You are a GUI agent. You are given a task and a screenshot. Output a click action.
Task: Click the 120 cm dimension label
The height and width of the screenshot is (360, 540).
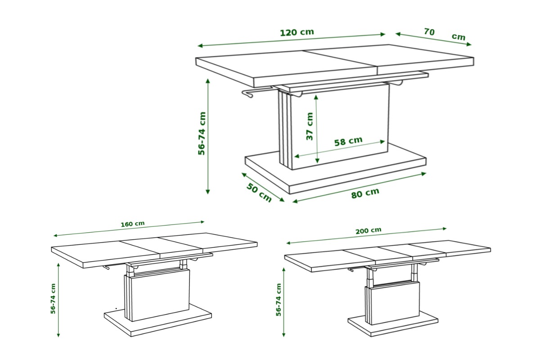pos(297,32)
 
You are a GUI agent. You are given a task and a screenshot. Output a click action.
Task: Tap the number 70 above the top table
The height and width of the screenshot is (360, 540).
pos(429,31)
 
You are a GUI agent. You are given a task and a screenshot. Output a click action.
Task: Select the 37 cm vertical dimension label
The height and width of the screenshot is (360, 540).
pos(310,126)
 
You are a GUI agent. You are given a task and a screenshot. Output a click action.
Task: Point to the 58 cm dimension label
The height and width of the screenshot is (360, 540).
pos(348,141)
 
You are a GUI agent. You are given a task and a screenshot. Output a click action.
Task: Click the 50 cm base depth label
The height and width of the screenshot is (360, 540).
pos(259,192)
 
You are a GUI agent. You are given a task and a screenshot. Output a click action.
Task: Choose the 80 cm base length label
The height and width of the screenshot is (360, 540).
pos(365,193)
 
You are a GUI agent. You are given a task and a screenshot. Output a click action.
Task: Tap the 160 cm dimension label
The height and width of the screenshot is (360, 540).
pos(133,224)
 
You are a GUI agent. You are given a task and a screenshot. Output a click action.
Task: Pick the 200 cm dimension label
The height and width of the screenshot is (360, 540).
pos(369,231)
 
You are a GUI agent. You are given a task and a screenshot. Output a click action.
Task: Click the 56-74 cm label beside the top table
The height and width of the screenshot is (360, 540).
pos(202,133)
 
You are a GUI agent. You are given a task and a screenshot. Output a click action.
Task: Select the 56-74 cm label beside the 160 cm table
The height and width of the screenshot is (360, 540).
pos(53,298)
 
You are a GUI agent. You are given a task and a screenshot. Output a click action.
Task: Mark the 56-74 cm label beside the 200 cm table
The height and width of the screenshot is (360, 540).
pos(279,300)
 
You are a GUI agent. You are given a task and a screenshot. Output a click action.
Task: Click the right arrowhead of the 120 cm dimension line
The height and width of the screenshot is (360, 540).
pos(383,35)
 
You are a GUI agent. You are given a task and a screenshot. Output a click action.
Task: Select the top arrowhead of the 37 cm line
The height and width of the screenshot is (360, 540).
pos(316,97)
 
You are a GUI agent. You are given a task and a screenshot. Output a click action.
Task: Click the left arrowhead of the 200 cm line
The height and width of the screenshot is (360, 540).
pos(288,243)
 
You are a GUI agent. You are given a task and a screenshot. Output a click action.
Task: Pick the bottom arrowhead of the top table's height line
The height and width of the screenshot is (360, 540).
pos(207,192)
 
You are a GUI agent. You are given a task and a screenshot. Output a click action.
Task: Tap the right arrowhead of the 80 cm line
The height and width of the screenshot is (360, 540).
pos(424,174)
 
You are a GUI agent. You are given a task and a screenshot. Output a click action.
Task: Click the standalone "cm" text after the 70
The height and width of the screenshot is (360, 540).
pos(458,37)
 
